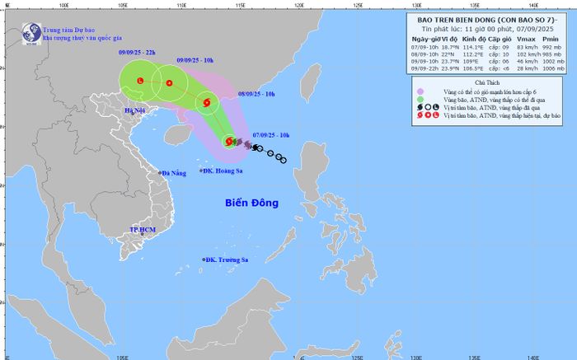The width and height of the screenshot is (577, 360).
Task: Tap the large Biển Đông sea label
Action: pyautogui.click(x=252, y=203)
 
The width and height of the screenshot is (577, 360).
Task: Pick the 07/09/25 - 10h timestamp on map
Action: pyautogui.click(x=270, y=133)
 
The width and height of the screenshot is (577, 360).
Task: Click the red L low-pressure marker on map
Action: pyautogui.click(x=140, y=81)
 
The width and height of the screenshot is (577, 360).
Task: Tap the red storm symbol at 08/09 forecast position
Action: pyautogui.click(x=205, y=104)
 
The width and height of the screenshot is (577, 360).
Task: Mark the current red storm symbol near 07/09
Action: pyautogui.click(x=229, y=143)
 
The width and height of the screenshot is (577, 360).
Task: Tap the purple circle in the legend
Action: pyautogui.click(x=422, y=91)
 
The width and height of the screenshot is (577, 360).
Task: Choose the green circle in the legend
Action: pyautogui.click(x=422, y=100)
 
